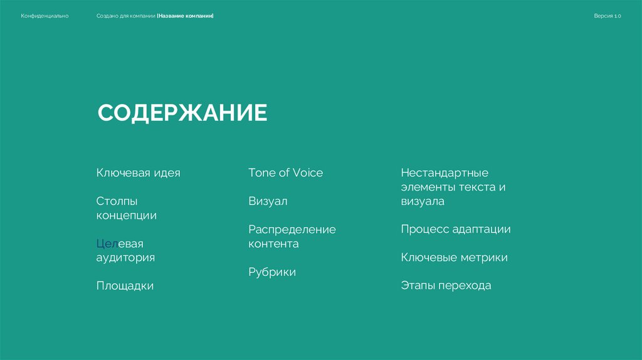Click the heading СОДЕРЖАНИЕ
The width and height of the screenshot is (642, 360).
click(x=182, y=114)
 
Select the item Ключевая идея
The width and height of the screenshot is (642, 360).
click(x=138, y=172)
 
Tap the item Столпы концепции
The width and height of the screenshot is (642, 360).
click(x=126, y=208)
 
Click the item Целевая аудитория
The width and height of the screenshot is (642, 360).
click(x=125, y=250)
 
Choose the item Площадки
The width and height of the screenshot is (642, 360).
click(x=125, y=285)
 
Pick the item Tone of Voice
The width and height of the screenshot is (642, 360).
click(x=285, y=172)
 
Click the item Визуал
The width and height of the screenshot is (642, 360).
click(x=268, y=201)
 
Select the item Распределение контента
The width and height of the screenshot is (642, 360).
click(x=292, y=236)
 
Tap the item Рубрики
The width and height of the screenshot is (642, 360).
click(x=271, y=272)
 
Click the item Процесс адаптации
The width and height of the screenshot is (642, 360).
click(x=455, y=229)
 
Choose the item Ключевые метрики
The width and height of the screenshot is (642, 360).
click(x=454, y=257)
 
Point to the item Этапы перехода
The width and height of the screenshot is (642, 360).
click(x=446, y=285)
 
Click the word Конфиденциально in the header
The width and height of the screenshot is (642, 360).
click(x=45, y=16)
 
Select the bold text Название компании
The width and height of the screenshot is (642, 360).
click(x=186, y=16)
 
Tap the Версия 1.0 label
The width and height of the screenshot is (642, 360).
click(x=607, y=16)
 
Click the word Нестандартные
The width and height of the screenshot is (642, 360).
click(x=444, y=172)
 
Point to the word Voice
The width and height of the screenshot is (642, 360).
click(x=307, y=172)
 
